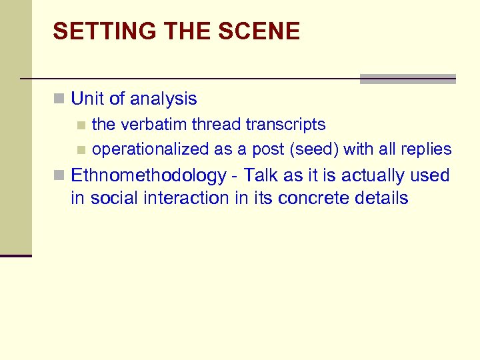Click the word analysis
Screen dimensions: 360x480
[x=163, y=99]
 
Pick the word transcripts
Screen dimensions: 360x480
[x=286, y=125]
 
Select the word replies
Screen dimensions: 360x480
[x=425, y=149]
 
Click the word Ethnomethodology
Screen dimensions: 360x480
[x=149, y=176]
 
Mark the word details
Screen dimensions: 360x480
[x=383, y=198]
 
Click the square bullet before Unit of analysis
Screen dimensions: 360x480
[x=59, y=100]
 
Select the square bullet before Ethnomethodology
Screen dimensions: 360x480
[x=59, y=177]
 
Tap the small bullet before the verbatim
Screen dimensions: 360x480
[x=81, y=125]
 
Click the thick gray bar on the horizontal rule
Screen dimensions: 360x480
[x=407, y=79]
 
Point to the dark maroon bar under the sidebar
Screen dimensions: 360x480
[x=16, y=255]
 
